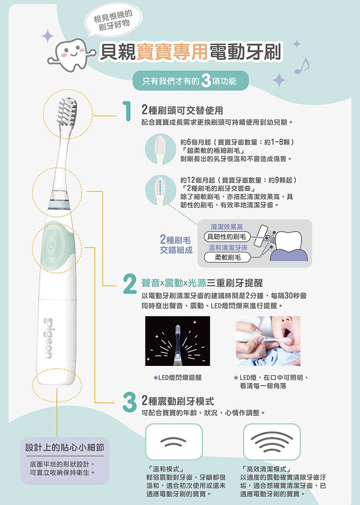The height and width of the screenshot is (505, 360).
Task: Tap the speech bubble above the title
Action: click(x=113, y=21)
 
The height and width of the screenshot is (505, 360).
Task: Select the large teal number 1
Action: click(x=127, y=111)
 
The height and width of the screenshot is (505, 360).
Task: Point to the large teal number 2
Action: click(x=130, y=283)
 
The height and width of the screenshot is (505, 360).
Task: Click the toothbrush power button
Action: click(x=51, y=246)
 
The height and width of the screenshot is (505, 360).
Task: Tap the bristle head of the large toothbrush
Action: click(x=67, y=111)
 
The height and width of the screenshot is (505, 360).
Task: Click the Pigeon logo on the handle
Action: click(x=48, y=339)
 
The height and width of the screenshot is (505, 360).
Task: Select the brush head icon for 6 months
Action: click(x=160, y=150)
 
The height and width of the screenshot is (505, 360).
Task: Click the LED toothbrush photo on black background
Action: click(x=178, y=341)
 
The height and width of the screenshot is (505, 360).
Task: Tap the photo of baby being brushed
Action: click(x=268, y=341)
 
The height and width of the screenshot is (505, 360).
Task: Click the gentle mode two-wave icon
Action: click(x=174, y=442)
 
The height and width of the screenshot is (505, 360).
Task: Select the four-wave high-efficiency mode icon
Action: click(x=272, y=442)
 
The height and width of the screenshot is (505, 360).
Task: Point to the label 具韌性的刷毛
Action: click(x=227, y=237)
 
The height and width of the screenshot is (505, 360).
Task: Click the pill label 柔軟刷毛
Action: click(x=227, y=257)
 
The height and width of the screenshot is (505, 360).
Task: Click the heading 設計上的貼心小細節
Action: click(x=65, y=447)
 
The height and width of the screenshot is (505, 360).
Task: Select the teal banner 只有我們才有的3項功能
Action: click(x=191, y=81)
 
